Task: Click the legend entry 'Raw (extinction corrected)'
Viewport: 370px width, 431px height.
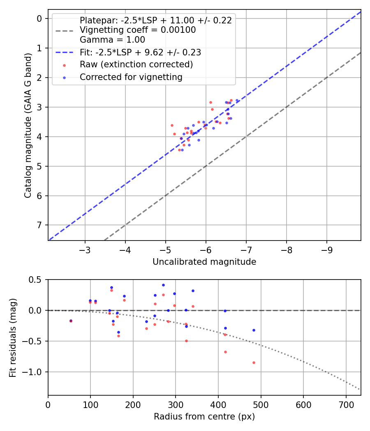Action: (x=136, y=65)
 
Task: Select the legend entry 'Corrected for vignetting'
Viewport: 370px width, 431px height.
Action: (x=131, y=77)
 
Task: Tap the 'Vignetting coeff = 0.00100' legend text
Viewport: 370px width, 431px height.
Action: (x=138, y=30)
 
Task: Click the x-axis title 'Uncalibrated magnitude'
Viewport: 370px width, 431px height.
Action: (x=204, y=262)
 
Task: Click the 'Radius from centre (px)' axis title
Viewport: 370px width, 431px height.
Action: (x=204, y=417)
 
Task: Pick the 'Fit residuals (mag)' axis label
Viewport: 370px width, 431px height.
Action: (x=13, y=337)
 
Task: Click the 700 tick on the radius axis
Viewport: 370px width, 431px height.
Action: (x=346, y=404)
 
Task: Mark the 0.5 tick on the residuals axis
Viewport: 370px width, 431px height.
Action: (x=36, y=280)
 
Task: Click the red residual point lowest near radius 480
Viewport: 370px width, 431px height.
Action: (x=254, y=362)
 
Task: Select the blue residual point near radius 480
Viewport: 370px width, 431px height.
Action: (x=254, y=330)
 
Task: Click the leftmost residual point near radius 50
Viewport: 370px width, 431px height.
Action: (x=71, y=321)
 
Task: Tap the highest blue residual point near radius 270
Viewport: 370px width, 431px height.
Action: (x=163, y=285)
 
